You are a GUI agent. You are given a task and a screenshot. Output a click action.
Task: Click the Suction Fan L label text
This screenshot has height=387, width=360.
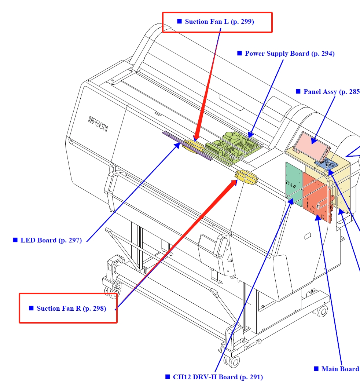click(219, 22)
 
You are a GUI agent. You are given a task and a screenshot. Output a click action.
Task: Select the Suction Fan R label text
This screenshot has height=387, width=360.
click(71, 308)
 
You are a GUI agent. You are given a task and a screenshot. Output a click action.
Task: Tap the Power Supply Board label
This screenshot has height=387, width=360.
click(290, 54)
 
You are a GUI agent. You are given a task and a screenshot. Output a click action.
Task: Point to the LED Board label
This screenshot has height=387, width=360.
click(51, 240)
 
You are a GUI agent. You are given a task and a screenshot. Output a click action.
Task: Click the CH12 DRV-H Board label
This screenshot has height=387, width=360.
click(218, 377)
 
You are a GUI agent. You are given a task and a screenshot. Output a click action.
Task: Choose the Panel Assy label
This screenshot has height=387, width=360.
click(331, 92)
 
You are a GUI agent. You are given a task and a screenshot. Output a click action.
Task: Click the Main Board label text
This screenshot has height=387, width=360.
click(340, 369)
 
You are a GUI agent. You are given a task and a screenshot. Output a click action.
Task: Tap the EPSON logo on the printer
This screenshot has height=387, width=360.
click(98, 124)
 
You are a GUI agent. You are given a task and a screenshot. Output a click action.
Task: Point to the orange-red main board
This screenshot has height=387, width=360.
click(316, 196)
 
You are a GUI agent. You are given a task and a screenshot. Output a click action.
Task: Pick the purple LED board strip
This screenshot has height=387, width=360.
click(187, 146)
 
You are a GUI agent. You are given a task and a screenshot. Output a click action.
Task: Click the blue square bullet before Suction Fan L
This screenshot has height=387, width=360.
click(179, 21)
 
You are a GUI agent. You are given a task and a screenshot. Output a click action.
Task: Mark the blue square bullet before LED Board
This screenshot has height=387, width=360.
click(15, 240)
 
